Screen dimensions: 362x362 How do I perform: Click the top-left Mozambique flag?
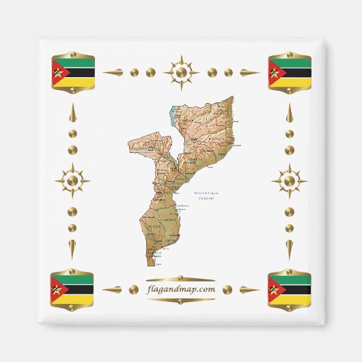point(72,71)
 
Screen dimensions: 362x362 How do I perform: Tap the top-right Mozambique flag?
point(290,71)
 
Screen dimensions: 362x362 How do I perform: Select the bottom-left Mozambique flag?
point(72,289)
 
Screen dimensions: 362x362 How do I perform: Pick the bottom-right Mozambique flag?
point(290,289)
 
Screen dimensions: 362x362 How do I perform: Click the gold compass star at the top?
point(181,71)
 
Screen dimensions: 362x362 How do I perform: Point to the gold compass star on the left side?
point(72,181)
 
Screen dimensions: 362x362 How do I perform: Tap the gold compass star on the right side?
point(290,181)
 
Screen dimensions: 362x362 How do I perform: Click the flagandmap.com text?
point(181,289)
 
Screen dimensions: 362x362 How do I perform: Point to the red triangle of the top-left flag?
point(58,71)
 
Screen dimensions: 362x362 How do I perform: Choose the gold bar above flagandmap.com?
point(181,279)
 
